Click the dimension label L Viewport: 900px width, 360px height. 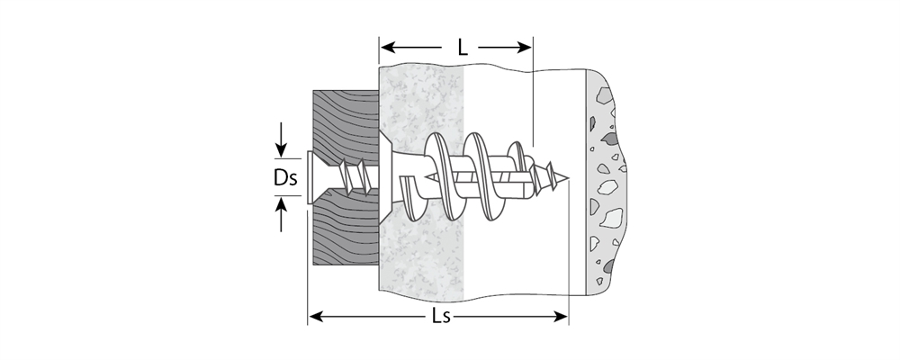(x=462, y=47)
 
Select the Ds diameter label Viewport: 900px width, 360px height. (x=285, y=177)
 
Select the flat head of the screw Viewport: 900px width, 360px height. (x=310, y=177)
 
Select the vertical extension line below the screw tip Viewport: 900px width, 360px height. (x=568, y=252)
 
